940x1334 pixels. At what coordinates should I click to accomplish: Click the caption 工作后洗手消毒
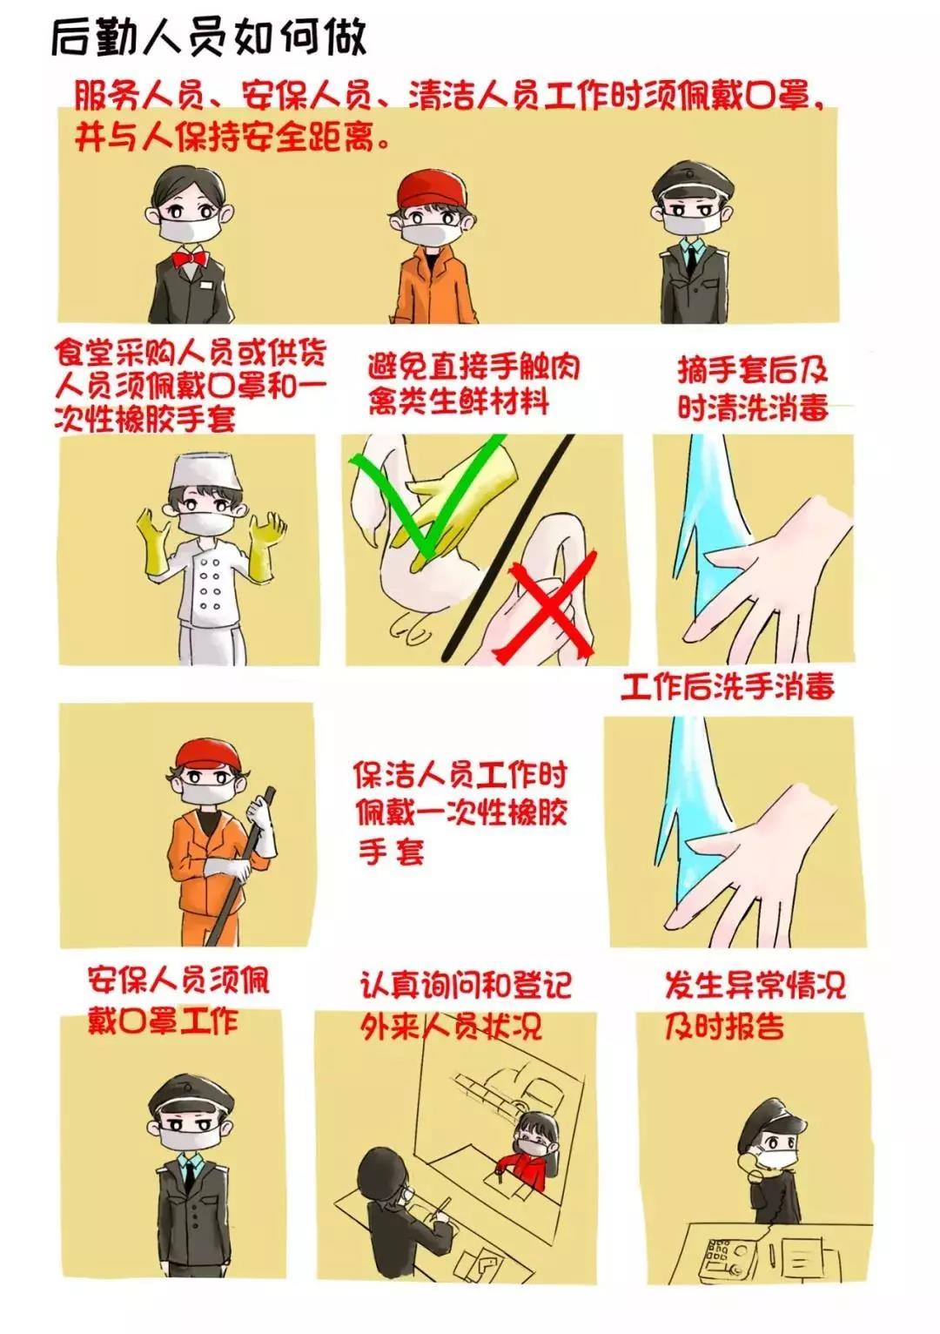[728, 687]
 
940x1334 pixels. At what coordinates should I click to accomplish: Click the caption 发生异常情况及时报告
[754, 1006]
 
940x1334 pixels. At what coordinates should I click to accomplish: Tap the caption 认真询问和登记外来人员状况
[465, 1005]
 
